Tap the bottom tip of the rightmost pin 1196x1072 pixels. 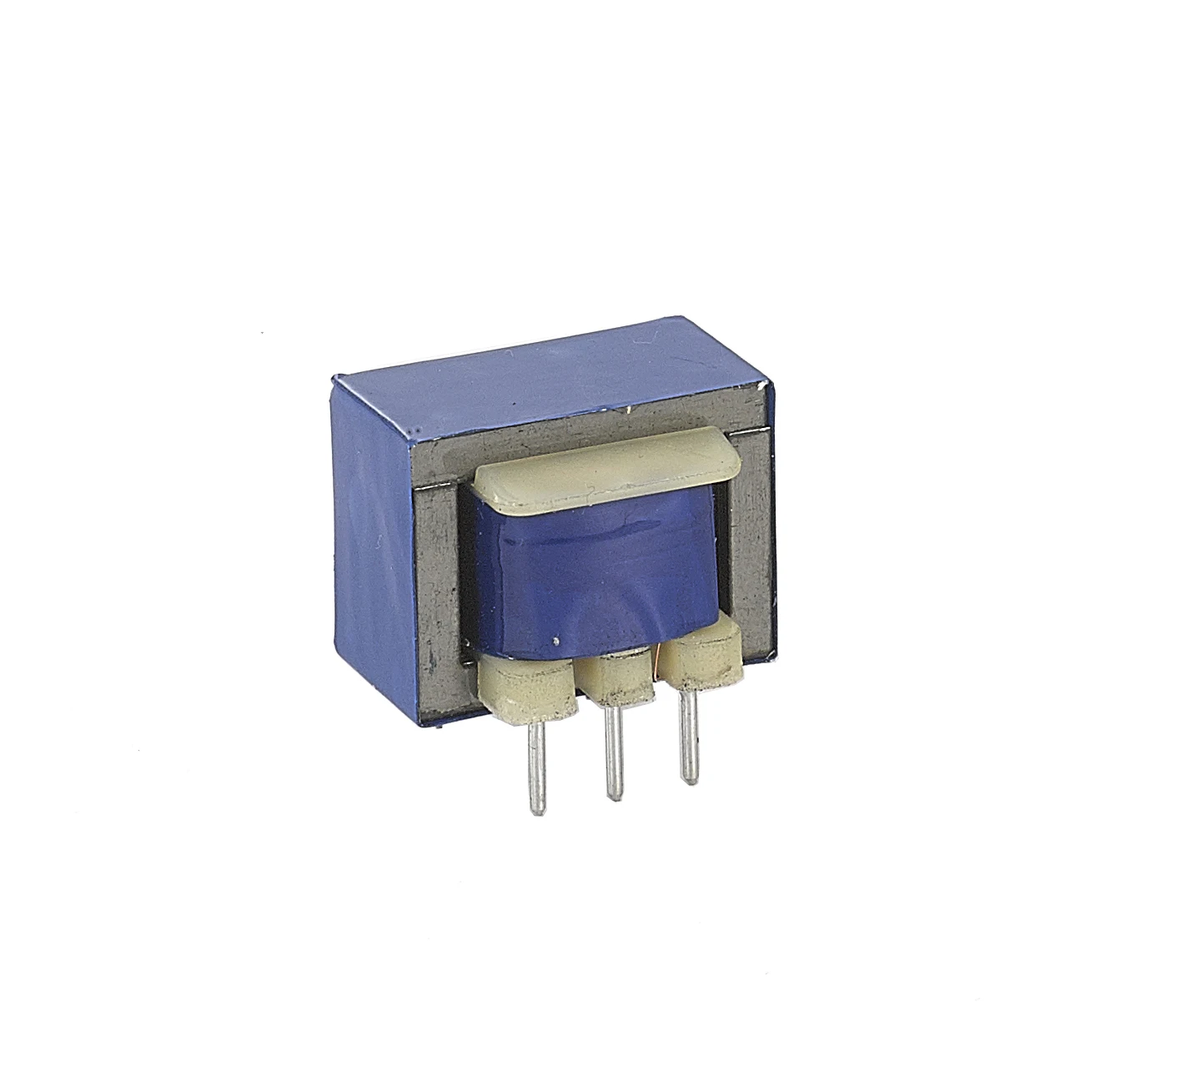tap(688, 780)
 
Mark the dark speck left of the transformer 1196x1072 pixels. tap(265, 338)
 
